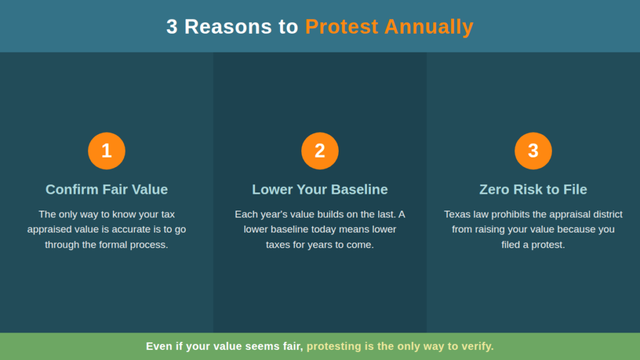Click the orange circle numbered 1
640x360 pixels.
click(x=106, y=151)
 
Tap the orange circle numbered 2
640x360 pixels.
click(x=320, y=151)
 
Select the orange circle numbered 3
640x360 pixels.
click(x=533, y=151)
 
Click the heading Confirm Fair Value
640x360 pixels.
click(x=106, y=189)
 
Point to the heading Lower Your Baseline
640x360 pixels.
click(x=320, y=189)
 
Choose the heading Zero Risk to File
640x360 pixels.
click(x=533, y=189)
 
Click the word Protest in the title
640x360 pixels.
click(x=342, y=27)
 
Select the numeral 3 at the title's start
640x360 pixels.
click(x=172, y=27)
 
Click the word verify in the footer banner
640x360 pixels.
click(x=478, y=346)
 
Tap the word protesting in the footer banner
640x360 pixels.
click(x=331, y=346)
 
